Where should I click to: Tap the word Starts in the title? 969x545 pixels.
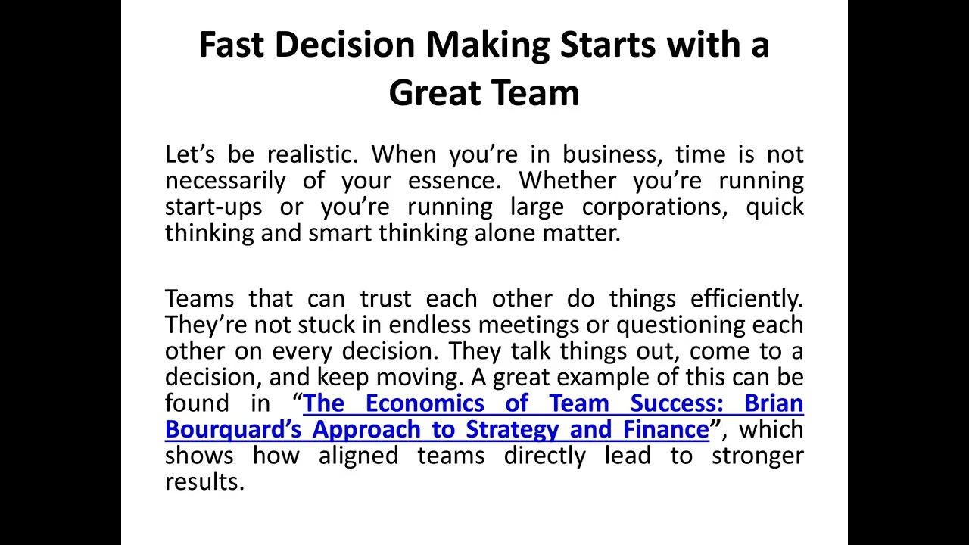(x=608, y=45)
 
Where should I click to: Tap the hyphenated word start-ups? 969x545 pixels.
(x=213, y=207)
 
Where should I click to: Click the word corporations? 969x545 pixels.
(x=654, y=207)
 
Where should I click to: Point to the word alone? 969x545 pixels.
(x=505, y=233)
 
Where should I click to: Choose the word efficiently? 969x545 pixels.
(x=746, y=299)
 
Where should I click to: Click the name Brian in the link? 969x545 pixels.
(x=774, y=403)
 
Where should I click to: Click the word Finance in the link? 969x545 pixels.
(x=666, y=430)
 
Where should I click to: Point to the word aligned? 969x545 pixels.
(x=358, y=456)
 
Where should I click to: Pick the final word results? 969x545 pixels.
(x=204, y=482)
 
